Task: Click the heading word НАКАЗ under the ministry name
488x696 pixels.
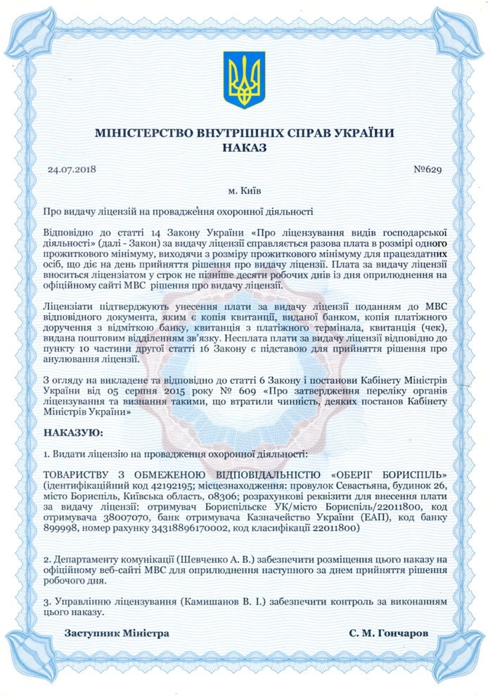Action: point(244,148)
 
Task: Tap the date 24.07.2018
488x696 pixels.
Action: point(72,169)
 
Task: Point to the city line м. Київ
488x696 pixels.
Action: point(244,191)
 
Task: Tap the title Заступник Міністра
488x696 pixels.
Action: point(117,633)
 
